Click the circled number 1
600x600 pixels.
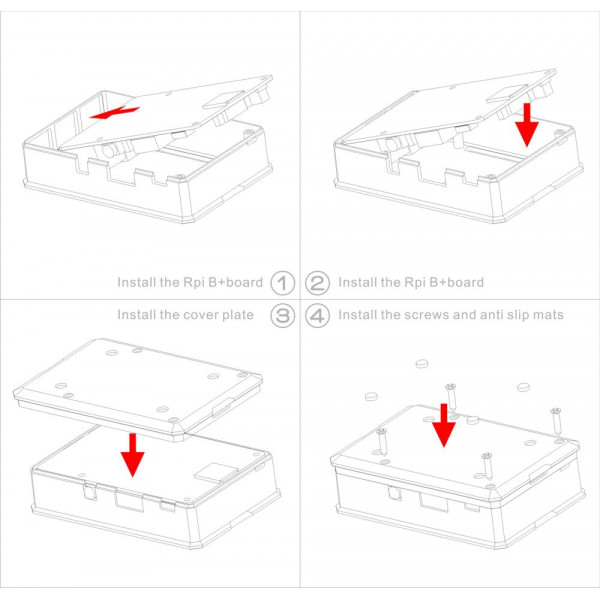[x=282, y=283]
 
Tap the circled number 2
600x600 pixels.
[x=317, y=283]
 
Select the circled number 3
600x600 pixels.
[x=282, y=316]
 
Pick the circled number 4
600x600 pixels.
[x=317, y=316]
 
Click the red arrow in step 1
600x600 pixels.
[x=114, y=112]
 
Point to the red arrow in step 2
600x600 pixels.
[x=527, y=125]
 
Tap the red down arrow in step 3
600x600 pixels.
[x=132, y=455]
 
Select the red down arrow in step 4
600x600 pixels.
[x=443, y=425]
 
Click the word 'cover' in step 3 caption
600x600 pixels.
[x=198, y=315]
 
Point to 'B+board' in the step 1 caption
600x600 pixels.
[x=235, y=282]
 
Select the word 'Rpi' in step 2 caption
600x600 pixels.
[x=415, y=283]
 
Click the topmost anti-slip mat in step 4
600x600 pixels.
[x=422, y=363]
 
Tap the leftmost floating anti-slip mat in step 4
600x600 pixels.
[x=371, y=396]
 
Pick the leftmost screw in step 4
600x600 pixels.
[x=382, y=443]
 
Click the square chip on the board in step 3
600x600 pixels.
[x=213, y=472]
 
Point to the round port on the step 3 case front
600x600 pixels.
[x=90, y=492]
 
